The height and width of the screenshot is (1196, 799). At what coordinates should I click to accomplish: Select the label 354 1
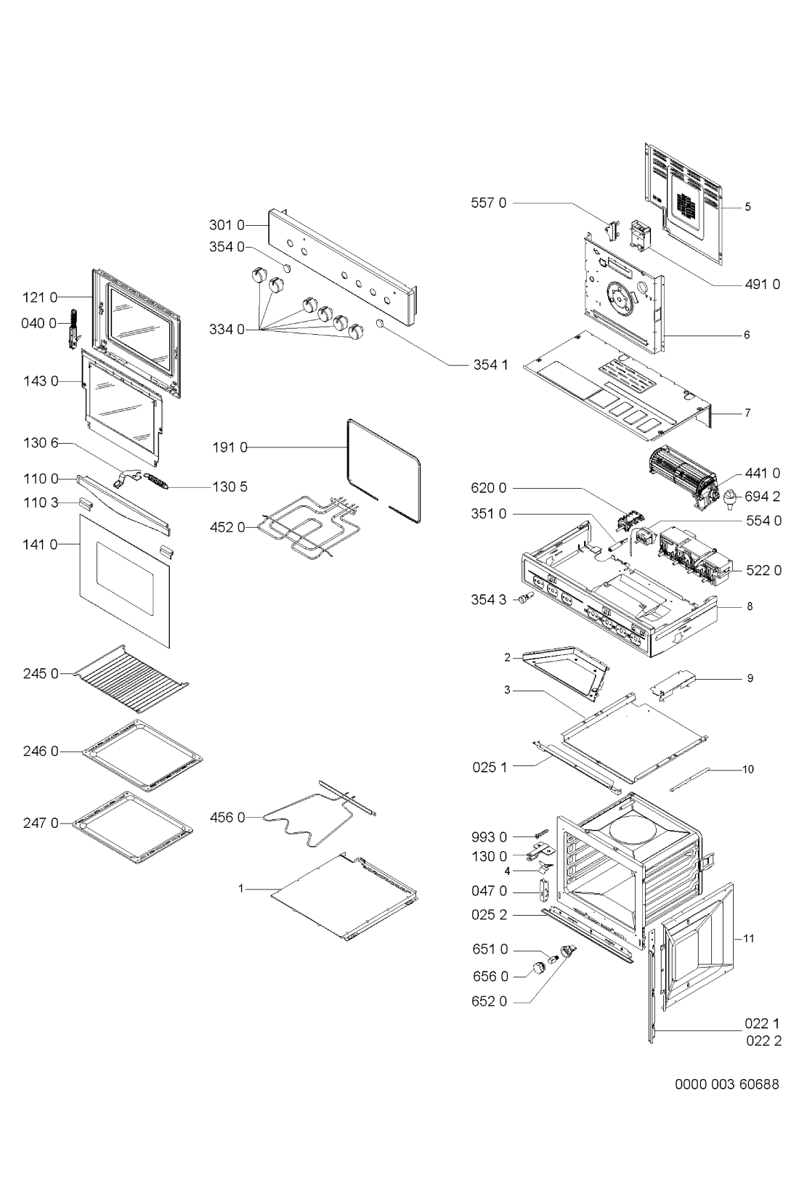[491, 365]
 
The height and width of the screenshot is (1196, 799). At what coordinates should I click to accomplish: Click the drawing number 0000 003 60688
[726, 1084]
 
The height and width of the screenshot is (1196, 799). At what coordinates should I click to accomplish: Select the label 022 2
[762, 1041]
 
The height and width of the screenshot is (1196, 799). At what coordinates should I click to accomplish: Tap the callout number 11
[749, 938]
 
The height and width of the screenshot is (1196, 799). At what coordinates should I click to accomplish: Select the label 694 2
[763, 497]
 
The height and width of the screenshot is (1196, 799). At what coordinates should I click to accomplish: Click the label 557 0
[491, 203]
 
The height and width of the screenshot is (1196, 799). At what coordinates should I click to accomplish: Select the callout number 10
[748, 769]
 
